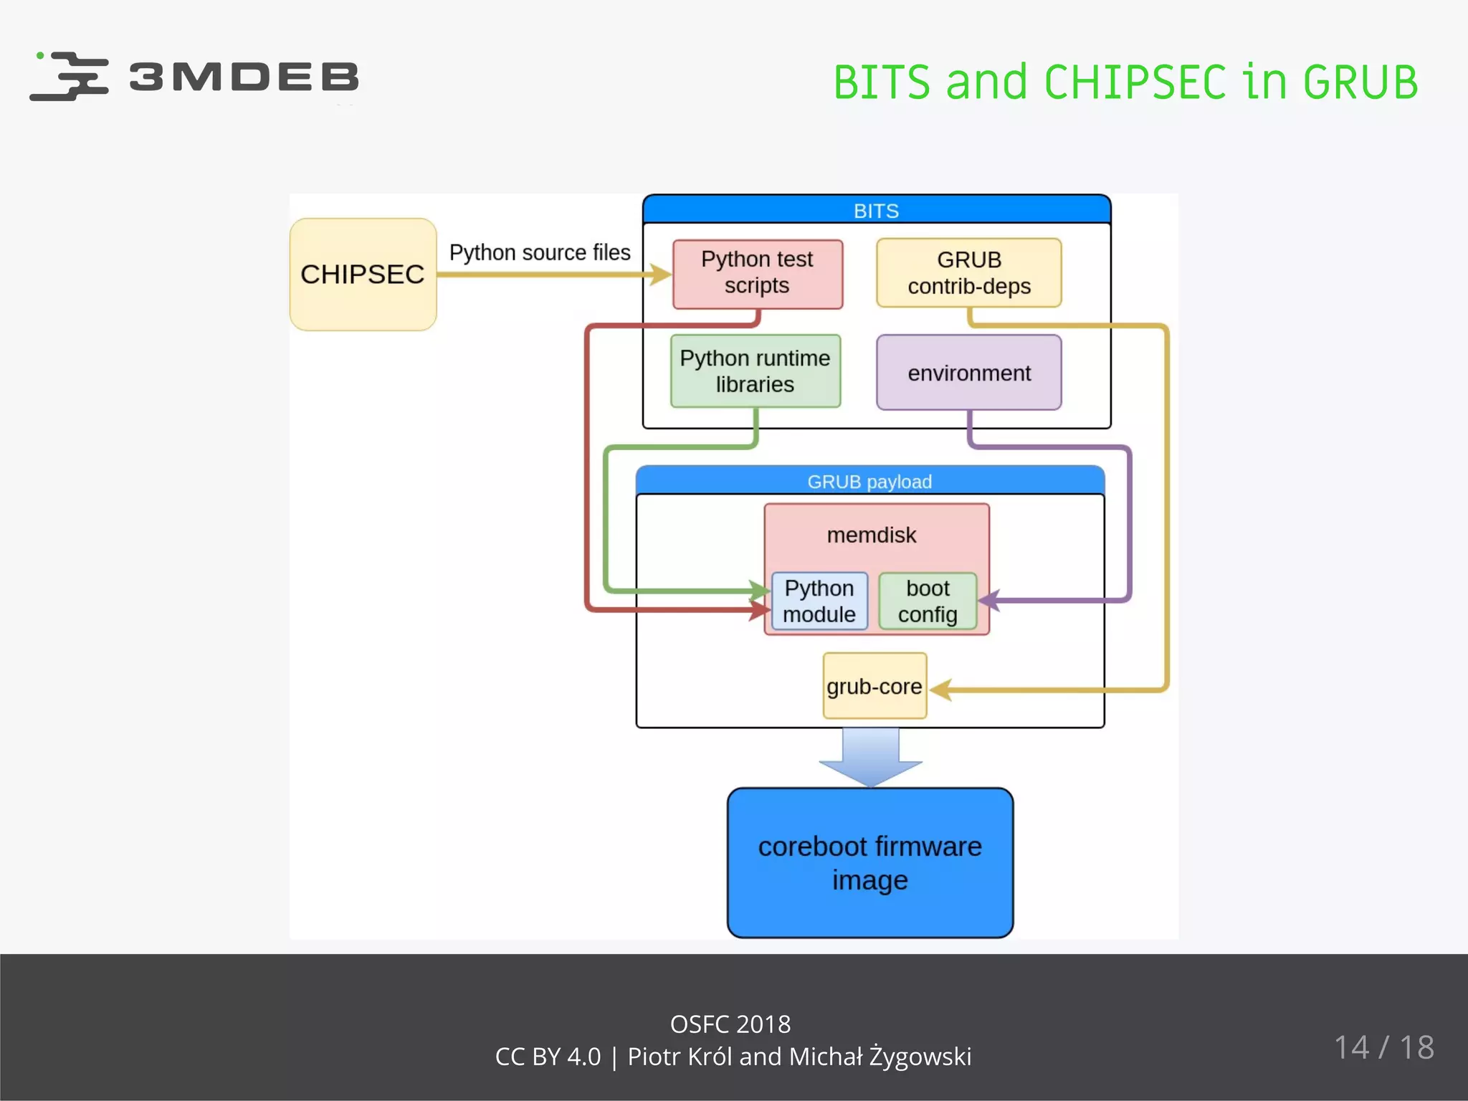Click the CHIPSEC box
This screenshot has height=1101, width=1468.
pyautogui.click(x=363, y=275)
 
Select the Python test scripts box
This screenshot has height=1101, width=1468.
pyautogui.click(x=757, y=273)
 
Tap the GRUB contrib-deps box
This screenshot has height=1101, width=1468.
pyautogui.click(x=968, y=273)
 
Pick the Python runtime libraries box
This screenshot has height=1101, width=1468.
pyautogui.click(x=755, y=371)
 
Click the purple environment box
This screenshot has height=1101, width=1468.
pyautogui.click(x=968, y=373)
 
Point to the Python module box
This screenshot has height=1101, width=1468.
pyautogui.click(x=819, y=601)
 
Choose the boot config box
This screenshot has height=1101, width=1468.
pyautogui.click(x=928, y=601)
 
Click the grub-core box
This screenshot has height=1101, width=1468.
pyautogui.click(x=874, y=686)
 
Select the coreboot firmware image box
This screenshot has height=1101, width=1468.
pyautogui.click(x=869, y=863)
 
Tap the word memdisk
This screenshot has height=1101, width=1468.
pyautogui.click(x=872, y=535)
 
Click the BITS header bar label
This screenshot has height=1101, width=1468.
pyautogui.click(x=876, y=211)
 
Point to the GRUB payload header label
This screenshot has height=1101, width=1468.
pyautogui.click(x=869, y=482)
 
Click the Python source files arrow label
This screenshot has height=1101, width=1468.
pyautogui.click(x=540, y=252)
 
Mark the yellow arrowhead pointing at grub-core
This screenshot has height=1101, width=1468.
pyautogui.click(x=941, y=690)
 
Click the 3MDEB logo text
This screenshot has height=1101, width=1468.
pyautogui.click(x=244, y=77)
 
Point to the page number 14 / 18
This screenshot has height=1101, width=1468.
pyautogui.click(x=1383, y=1047)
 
